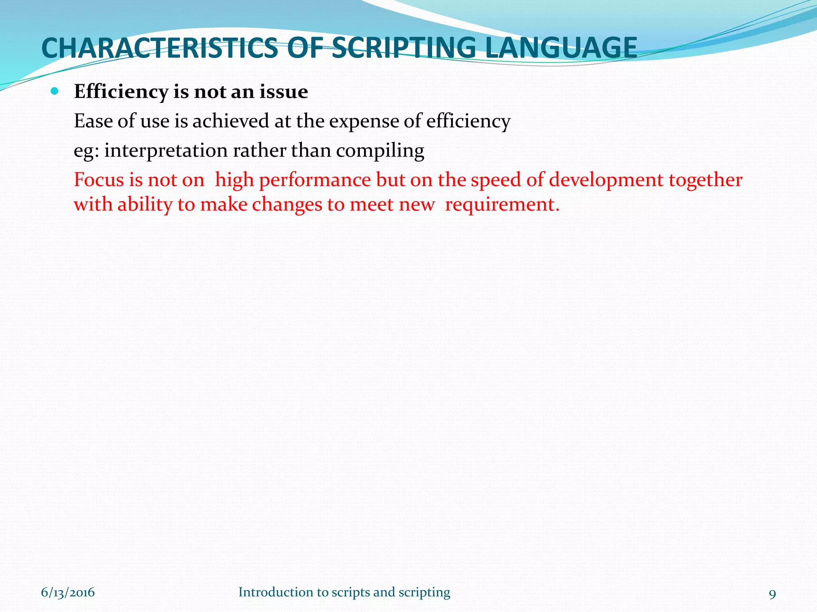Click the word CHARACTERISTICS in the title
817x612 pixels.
click(x=160, y=48)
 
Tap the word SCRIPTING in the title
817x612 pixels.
click(x=404, y=48)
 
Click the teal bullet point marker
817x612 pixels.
click(x=55, y=92)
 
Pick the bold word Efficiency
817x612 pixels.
click(x=121, y=92)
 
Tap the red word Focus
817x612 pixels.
click(x=99, y=180)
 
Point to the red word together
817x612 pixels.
click(x=705, y=180)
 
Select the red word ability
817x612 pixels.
click(x=145, y=205)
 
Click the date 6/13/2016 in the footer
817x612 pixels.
click(x=68, y=592)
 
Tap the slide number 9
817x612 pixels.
click(x=772, y=594)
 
